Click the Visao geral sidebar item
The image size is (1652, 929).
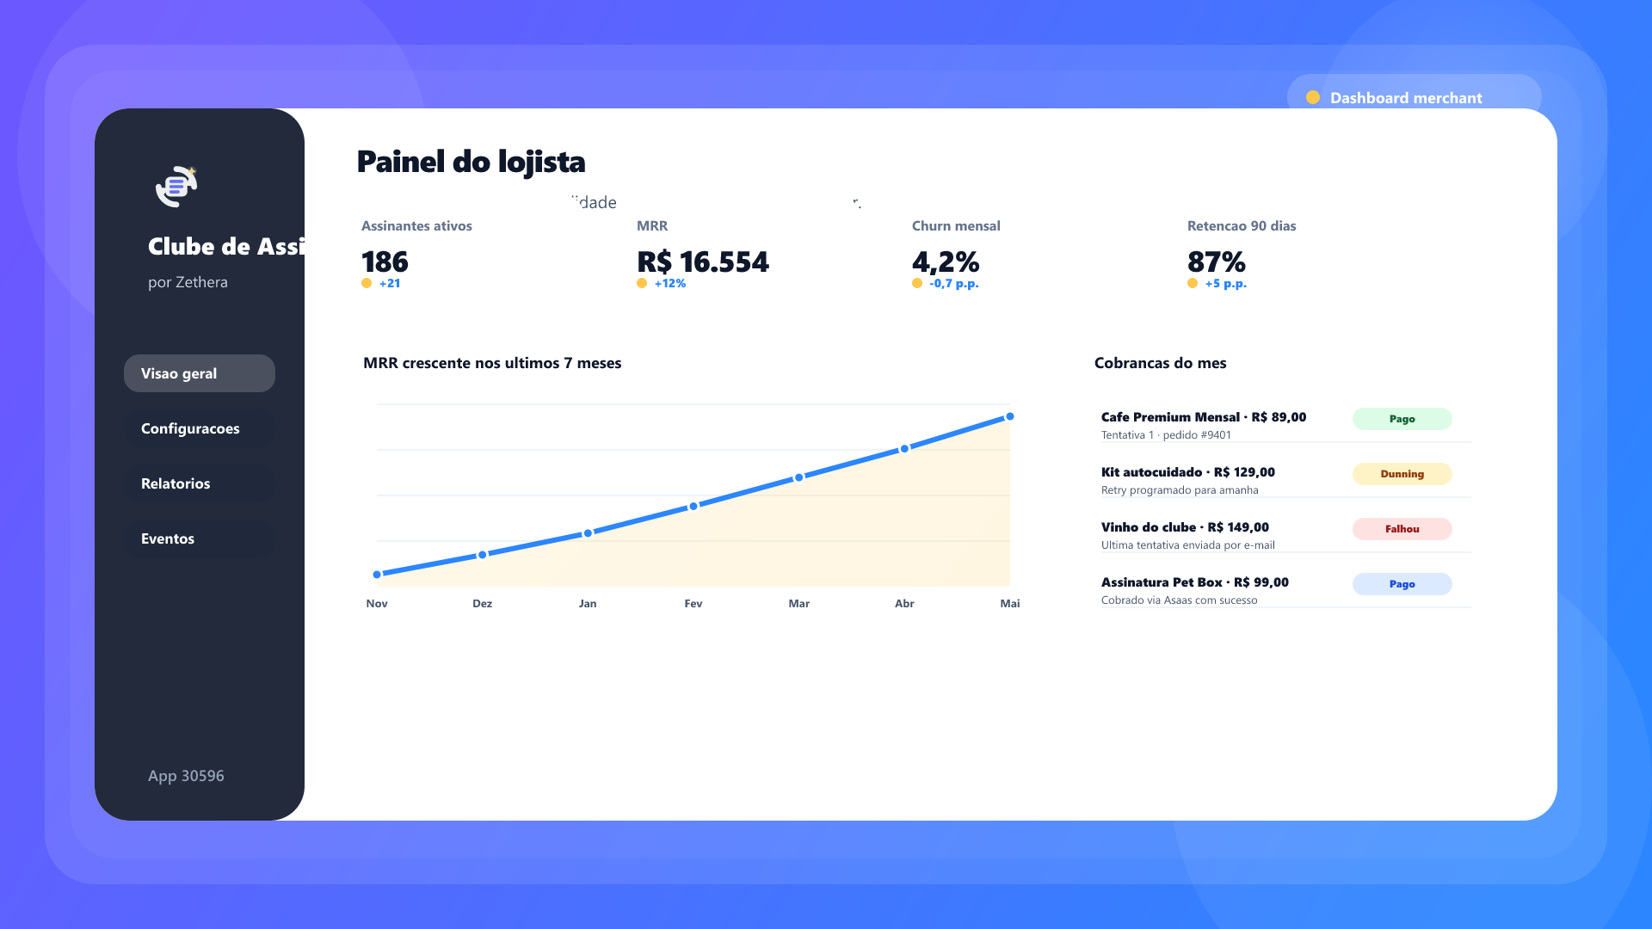[199, 373]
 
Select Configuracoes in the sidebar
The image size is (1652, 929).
[199, 428]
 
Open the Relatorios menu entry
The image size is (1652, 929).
[199, 483]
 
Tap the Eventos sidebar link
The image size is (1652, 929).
[199, 538]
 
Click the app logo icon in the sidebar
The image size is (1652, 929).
[176, 186]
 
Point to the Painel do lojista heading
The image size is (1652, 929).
[471, 162]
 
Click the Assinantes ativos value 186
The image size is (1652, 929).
[385, 261]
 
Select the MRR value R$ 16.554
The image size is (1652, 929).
[702, 261]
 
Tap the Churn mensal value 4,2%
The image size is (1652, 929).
[945, 261]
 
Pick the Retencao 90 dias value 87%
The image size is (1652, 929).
[1216, 261]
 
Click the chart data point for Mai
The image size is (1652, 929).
[1010, 416]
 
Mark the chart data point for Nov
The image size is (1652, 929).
[377, 575]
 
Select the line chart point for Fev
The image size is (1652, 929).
[693, 506]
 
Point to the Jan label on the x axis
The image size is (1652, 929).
[588, 604]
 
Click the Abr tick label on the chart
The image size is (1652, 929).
[904, 604]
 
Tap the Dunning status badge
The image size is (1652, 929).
[1402, 474]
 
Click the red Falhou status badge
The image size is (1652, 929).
[1402, 529]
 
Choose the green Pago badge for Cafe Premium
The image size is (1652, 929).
[1402, 419]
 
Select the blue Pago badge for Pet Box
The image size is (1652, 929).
[1402, 584]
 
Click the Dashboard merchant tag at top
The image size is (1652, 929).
[1405, 97]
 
